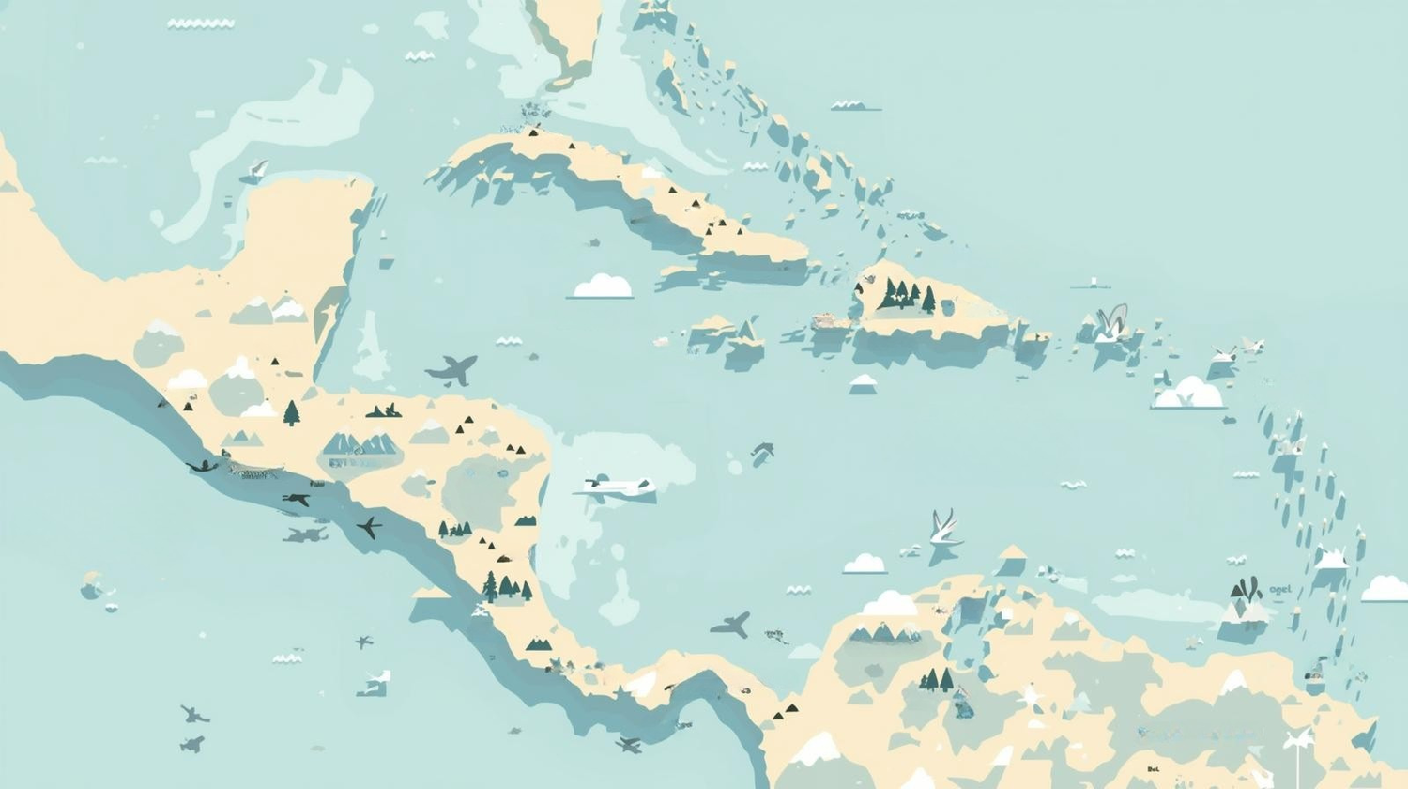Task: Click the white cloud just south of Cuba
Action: pyautogui.click(x=602, y=286)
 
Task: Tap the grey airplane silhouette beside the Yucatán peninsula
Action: pyautogui.click(x=453, y=369)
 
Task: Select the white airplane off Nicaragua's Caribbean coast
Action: pyautogui.click(x=615, y=486)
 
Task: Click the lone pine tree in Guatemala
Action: pyautogui.click(x=292, y=412)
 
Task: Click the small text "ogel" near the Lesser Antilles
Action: pyautogui.click(x=1279, y=589)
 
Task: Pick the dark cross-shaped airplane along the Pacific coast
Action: pyautogui.click(x=368, y=527)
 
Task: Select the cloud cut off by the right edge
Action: pyautogui.click(x=1386, y=589)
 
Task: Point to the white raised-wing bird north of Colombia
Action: pyautogui.click(x=944, y=529)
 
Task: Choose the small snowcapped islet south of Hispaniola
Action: pyautogui.click(x=863, y=383)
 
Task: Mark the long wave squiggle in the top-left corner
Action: pyautogui.click(x=200, y=23)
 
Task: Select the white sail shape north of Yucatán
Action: pyautogui.click(x=254, y=171)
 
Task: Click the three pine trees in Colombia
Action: pyautogui.click(x=936, y=679)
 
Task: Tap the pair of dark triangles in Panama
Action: pyautogui.click(x=785, y=711)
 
